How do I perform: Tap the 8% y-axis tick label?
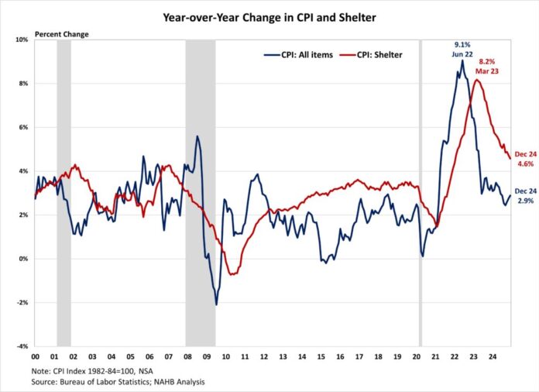pyautogui.click(x=23, y=84)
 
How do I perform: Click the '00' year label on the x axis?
pyautogui.click(x=36, y=357)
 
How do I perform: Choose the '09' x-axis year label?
pyautogui.click(x=205, y=357)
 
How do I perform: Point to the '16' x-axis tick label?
pyautogui.click(x=338, y=357)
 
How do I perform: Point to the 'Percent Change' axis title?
pyautogui.click(x=61, y=34)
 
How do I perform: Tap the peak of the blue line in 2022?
pyautogui.click(x=462, y=60)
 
